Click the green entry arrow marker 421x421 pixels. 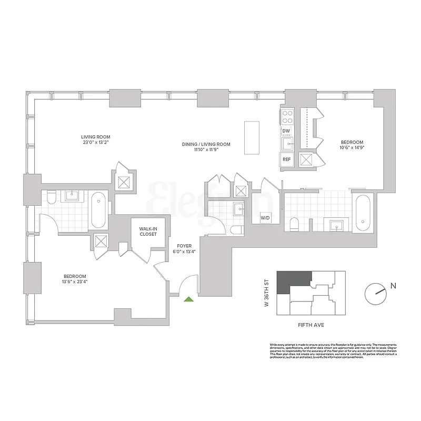pyautogui.click(x=189, y=299)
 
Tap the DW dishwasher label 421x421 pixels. pyautogui.click(x=286, y=131)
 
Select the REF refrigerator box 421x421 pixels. pyautogui.click(x=287, y=159)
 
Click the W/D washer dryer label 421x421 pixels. pyautogui.click(x=265, y=217)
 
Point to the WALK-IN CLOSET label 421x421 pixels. pyautogui.click(x=148, y=232)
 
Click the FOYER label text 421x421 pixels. pyautogui.click(x=184, y=246)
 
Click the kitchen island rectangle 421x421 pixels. pyautogui.click(x=252, y=138)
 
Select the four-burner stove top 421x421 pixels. pyautogui.click(x=287, y=116)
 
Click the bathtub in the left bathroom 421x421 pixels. pyautogui.click(x=98, y=210)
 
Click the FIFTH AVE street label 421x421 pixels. pyautogui.click(x=311, y=325)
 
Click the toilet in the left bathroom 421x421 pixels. pyautogui.click(x=51, y=199)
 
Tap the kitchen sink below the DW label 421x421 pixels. pyautogui.click(x=287, y=143)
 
